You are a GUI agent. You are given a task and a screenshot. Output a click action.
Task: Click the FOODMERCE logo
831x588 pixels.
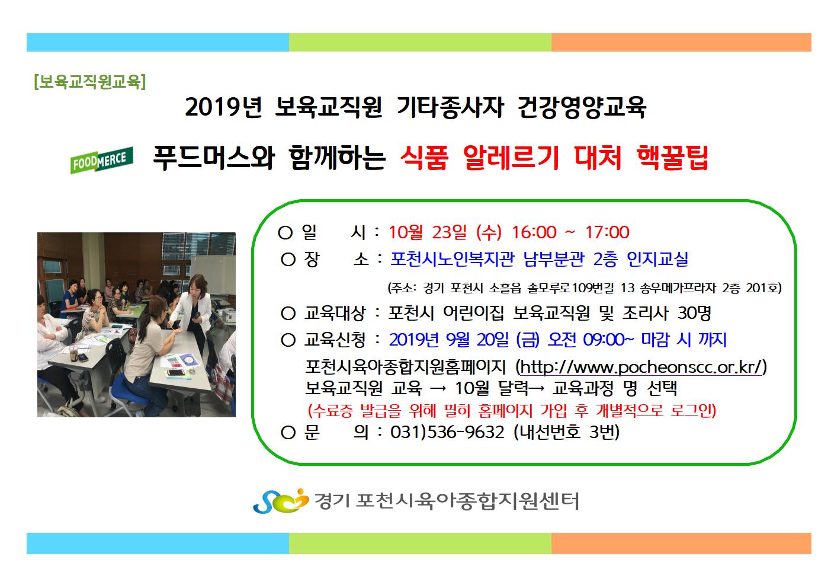tap(102, 160)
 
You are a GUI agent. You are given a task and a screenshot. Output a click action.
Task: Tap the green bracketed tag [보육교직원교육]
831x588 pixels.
tap(90, 82)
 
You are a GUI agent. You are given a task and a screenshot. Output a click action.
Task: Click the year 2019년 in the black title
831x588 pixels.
tap(223, 107)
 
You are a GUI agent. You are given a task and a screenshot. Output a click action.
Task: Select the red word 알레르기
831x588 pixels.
tap(511, 158)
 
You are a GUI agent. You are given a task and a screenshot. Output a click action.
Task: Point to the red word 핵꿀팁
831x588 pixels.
tap(672, 158)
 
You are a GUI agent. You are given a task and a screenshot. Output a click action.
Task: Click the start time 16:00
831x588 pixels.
tap(534, 232)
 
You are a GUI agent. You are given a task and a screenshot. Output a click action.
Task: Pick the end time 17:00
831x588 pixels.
tap(607, 232)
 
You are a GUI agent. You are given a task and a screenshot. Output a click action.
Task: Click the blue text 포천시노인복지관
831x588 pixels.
tap(453, 259)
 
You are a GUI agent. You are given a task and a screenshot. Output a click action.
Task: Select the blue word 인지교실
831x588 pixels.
tap(657, 259)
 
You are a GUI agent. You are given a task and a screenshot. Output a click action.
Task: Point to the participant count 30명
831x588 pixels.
tap(694, 313)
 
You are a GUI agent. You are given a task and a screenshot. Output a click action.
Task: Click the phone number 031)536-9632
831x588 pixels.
tap(447, 432)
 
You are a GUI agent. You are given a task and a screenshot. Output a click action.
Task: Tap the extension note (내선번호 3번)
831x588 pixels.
tap(567, 432)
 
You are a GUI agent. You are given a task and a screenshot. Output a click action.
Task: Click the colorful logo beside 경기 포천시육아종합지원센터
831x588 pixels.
tap(281, 501)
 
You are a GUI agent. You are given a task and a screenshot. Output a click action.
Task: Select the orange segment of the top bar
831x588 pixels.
tap(681, 42)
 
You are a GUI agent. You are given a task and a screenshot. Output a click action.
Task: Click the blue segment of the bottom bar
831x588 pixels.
tap(158, 544)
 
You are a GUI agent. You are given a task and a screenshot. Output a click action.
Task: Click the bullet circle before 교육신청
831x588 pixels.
tap(288, 340)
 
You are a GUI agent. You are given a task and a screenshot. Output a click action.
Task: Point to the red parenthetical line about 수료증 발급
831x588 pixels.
tap(512, 411)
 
